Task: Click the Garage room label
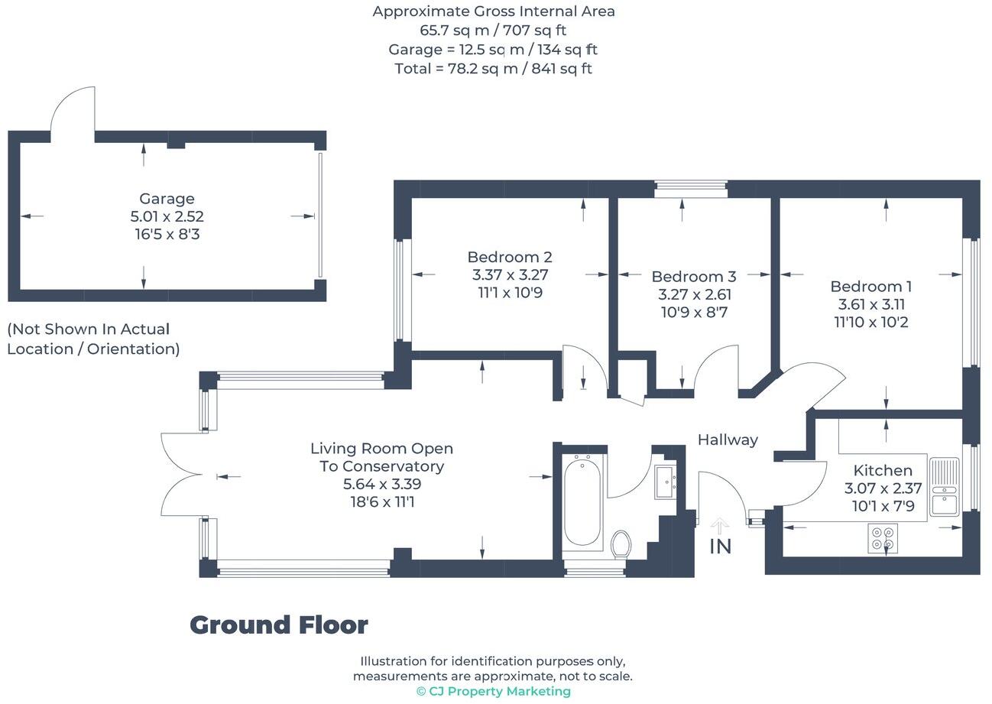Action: tap(167, 199)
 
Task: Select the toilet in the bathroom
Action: tap(621, 544)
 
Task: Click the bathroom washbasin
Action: tap(664, 482)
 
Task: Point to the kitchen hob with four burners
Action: tap(883, 538)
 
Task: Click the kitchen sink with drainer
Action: tap(945, 487)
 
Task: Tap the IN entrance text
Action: tap(721, 547)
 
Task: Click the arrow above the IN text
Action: tap(720, 526)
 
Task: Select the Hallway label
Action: tap(728, 440)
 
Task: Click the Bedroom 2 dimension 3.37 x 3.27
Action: tap(510, 275)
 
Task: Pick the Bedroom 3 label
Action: tap(693, 277)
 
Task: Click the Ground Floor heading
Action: tap(279, 625)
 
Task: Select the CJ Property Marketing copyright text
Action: tap(493, 691)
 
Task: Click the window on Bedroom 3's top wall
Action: tap(691, 187)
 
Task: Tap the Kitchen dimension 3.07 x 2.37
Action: tap(883, 488)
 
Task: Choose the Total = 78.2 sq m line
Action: tap(493, 69)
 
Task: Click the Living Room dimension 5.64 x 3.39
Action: tap(382, 485)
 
